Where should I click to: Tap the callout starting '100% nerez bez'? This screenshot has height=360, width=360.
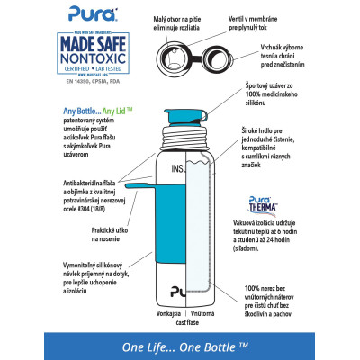(x=276, y=307)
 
